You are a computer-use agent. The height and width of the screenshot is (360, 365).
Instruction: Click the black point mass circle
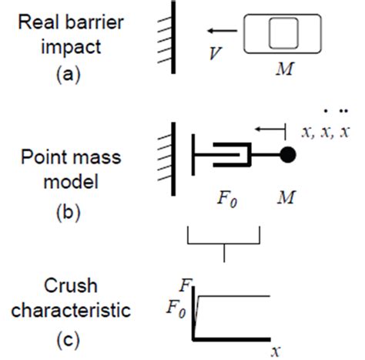287,153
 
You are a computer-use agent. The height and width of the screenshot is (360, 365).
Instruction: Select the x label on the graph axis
274,352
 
